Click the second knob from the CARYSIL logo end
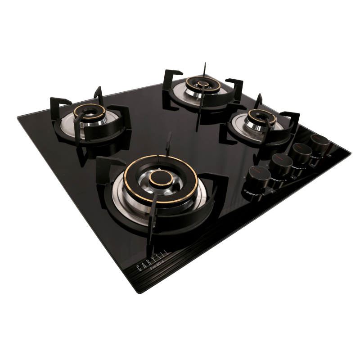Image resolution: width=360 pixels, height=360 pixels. [x=279, y=164]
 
